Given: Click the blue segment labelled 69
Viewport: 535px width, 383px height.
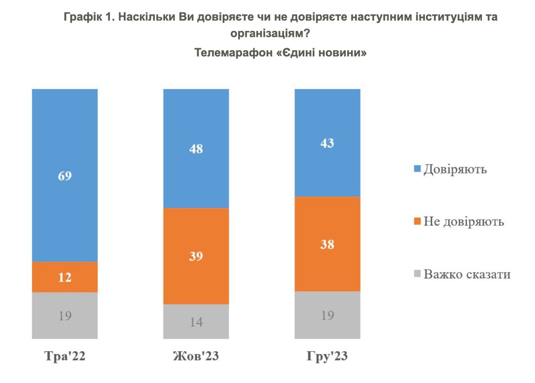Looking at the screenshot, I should pyautogui.click(x=65, y=175).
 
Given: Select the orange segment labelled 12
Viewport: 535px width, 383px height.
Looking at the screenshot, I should pyautogui.click(x=65, y=277).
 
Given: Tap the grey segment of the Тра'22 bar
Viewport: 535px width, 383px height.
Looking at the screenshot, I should pyautogui.click(x=65, y=315).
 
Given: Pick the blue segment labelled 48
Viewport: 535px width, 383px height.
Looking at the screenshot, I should pyautogui.click(x=196, y=148).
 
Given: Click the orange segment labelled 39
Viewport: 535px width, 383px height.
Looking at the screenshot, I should pyautogui.click(x=196, y=256).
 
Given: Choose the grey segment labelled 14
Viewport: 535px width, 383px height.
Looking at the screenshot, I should pyautogui.click(x=196, y=321).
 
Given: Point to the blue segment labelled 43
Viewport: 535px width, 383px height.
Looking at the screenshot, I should pyautogui.click(x=327, y=143).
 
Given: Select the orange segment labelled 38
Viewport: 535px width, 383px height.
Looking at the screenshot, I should pyautogui.click(x=327, y=244).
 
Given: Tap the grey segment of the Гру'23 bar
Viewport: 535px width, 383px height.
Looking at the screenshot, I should pyautogui.click(x=327, y=315).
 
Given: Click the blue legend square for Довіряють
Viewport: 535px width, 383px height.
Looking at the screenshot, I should pyautogui.click(x=417, y=169).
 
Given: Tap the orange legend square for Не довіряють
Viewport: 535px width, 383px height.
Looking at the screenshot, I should pyautogui.click(x=417, y=222).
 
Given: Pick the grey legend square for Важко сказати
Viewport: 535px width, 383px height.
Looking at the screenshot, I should pyautogui.click(x=417, y=274).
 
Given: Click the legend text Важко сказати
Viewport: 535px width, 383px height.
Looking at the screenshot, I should pyautogui.click(x=467, y=274).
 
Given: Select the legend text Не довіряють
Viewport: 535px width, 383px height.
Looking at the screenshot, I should pyautogui.click(x=464, y=222).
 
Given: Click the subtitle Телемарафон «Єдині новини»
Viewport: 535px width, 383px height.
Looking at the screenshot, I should pyautogui.click(x=280, y=53).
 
